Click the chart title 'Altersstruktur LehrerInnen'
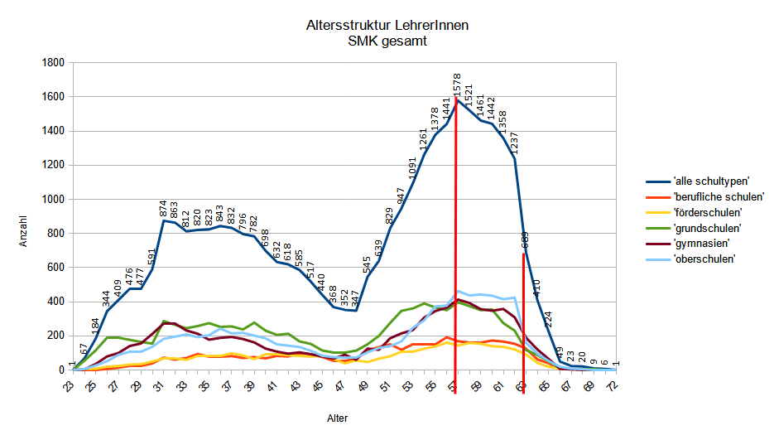pos(387,26)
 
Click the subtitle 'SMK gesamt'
pos(387,41)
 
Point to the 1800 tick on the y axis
pos(54,63)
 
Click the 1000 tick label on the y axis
pos(54,200)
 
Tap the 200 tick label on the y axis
pos(56,336)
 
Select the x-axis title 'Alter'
pos(335,419)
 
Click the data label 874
pos(164,209)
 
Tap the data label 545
pos(367,265)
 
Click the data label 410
pos(536,288)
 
